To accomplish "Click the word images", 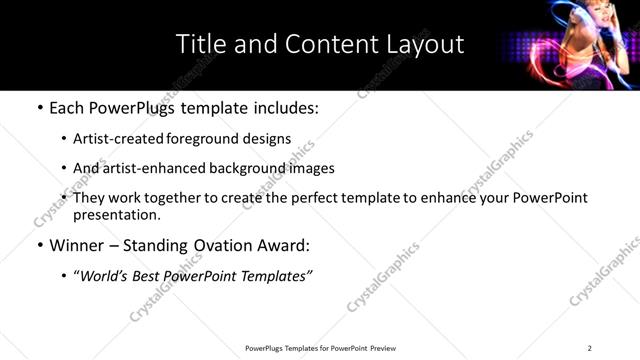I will click(x=312, y=168).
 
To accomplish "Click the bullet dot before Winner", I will click(x=39, y=245).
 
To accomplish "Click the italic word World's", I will click(x=105, y=275).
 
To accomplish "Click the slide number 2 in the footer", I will click(x=589, y=347).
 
